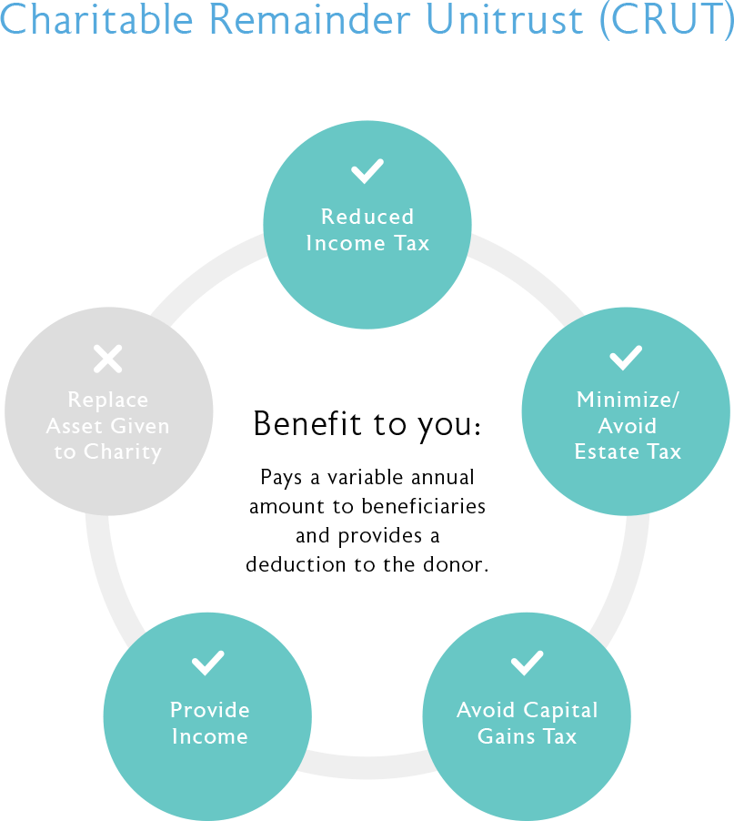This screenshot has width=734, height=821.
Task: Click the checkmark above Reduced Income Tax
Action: [367, 171]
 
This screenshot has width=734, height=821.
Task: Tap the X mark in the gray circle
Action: [107, 359]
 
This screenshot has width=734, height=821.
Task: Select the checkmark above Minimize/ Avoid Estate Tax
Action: [626, 358]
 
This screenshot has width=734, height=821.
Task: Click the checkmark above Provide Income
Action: [207, 663]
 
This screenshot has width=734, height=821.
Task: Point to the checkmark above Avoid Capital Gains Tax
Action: [527, 663]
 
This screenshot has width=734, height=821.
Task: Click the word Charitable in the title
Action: [96, 20]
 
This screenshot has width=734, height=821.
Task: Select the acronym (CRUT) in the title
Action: [667, 21]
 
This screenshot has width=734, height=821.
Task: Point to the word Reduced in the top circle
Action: [367, 217]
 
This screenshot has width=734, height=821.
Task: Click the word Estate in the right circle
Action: [607, 451]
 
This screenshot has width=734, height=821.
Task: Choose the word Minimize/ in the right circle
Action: [628, 400]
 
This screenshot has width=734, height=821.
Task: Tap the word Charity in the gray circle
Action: [123, 452]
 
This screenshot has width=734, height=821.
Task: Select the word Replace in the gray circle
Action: [108, 400]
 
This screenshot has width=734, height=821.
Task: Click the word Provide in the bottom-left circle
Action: [210, 710]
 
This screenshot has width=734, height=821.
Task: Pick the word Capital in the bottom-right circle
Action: [560, 711]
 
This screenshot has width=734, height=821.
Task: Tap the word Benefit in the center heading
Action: [307, 423]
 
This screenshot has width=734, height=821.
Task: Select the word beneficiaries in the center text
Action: [423, 506]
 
